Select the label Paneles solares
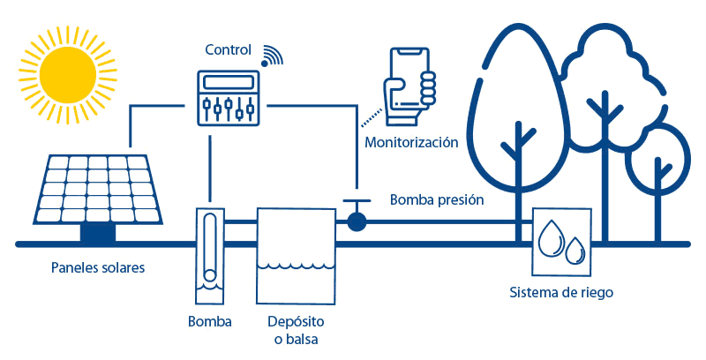point(97,267)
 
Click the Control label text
point(229,49)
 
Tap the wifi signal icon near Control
point(273,55)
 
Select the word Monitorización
point(410,141)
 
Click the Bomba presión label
point(437,200)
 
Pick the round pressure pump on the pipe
point(356,221)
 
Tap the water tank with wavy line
point(295,256)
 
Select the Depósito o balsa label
point(296,330)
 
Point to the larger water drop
point(552,236)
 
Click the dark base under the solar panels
point(97,233)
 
